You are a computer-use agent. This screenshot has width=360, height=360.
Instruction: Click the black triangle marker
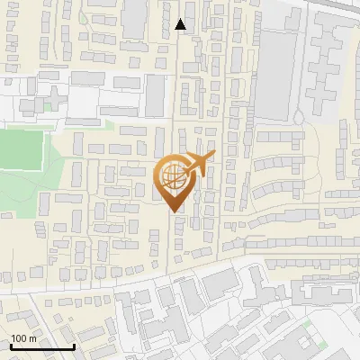pos(181,25)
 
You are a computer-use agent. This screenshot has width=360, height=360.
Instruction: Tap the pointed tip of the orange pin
pos(173,211)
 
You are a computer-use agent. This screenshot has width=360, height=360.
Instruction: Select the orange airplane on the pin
pos(200,162)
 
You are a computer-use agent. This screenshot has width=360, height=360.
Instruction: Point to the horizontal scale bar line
pos(42,346)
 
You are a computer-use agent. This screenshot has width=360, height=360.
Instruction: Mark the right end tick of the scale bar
pos(74,345)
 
